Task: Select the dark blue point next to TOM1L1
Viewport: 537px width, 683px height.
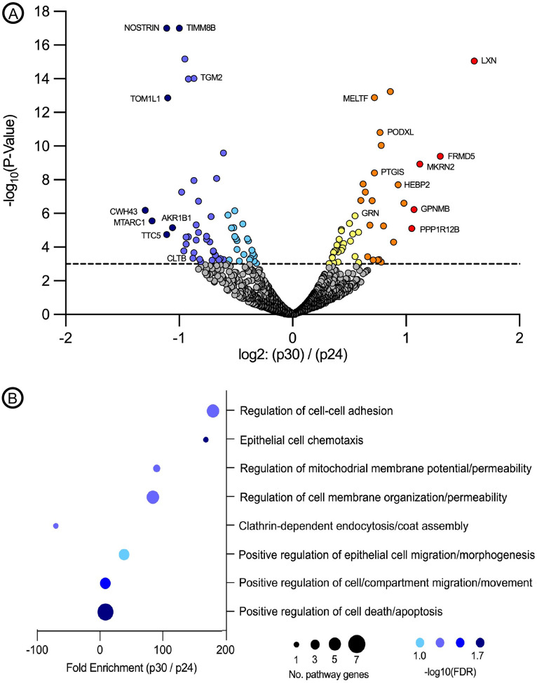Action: point(168,98)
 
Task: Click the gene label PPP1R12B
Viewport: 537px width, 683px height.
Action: point(444,229)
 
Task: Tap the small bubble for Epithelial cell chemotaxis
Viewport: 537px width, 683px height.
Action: point(205,440)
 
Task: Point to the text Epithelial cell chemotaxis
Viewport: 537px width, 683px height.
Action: point(296,440)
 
